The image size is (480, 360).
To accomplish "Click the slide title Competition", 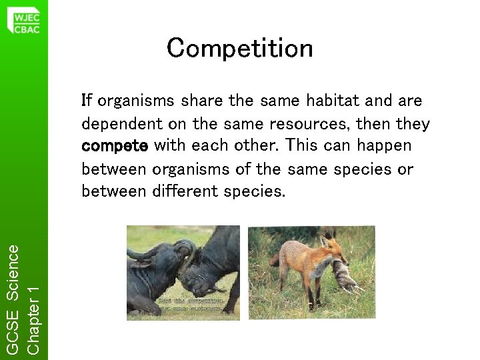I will pos(239,48).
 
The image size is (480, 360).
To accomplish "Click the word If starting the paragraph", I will pos(86,101).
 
